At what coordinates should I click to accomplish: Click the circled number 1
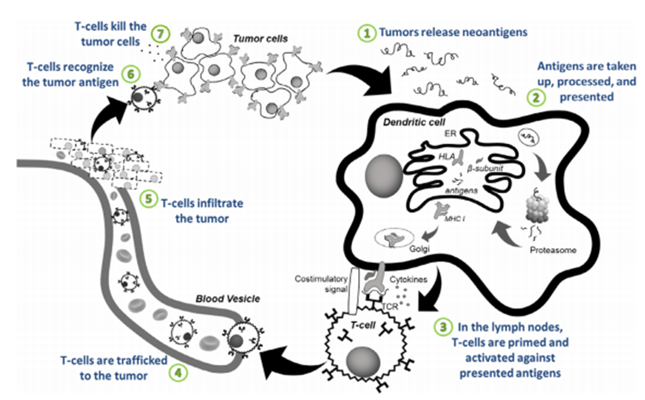coord(366,33)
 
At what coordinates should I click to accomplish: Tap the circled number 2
coord(536,97)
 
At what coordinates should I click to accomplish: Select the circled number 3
coord(443,327)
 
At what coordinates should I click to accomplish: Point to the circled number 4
coord(178,373)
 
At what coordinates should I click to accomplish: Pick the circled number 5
coord(148,199)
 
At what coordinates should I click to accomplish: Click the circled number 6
coord(131,74)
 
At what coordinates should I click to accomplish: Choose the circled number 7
coord(160,34)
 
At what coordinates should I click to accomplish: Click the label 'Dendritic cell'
coord(414,123)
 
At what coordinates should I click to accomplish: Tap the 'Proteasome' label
coord(553,250)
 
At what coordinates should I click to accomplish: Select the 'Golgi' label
coord(419,249)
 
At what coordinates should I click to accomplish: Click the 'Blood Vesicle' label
coord(228,298)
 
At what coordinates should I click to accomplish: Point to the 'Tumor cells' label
coord(261,38)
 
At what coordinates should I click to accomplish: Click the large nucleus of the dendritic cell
coord(384,175)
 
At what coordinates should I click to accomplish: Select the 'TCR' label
coord(390,306)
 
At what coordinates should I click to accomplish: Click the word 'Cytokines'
coord(408,279)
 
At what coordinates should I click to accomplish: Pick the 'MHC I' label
coord(455,219)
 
